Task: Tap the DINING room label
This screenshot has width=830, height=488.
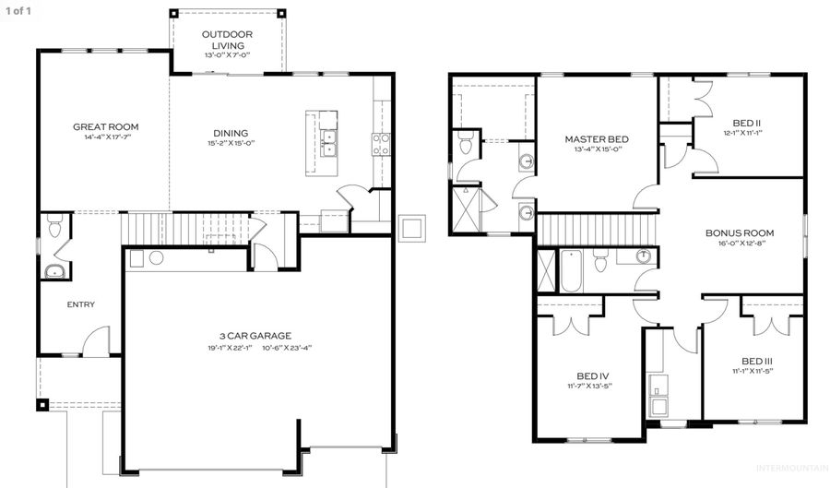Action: pyautogui.click(x=231, y=133)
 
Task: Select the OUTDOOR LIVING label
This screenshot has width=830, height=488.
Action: pyautogui.click(x=227, y=40)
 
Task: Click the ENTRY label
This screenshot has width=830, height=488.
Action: pyautogui.click(x=80, y=304)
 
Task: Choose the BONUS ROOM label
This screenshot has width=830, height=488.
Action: pyautogui.click(x=739, y=233)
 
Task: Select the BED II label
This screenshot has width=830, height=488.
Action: pyautogui.click(x=746, y=122)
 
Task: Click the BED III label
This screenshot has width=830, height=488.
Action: pyautogui.click(x=756, y=360)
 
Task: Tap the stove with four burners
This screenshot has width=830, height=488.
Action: pyautogui.click(x=380, y=142)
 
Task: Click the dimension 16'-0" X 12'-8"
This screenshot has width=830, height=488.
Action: pyautogui.click(x=739, y=244)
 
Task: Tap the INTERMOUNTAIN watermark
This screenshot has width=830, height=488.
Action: pyautogui.click(x=790, y=469)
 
